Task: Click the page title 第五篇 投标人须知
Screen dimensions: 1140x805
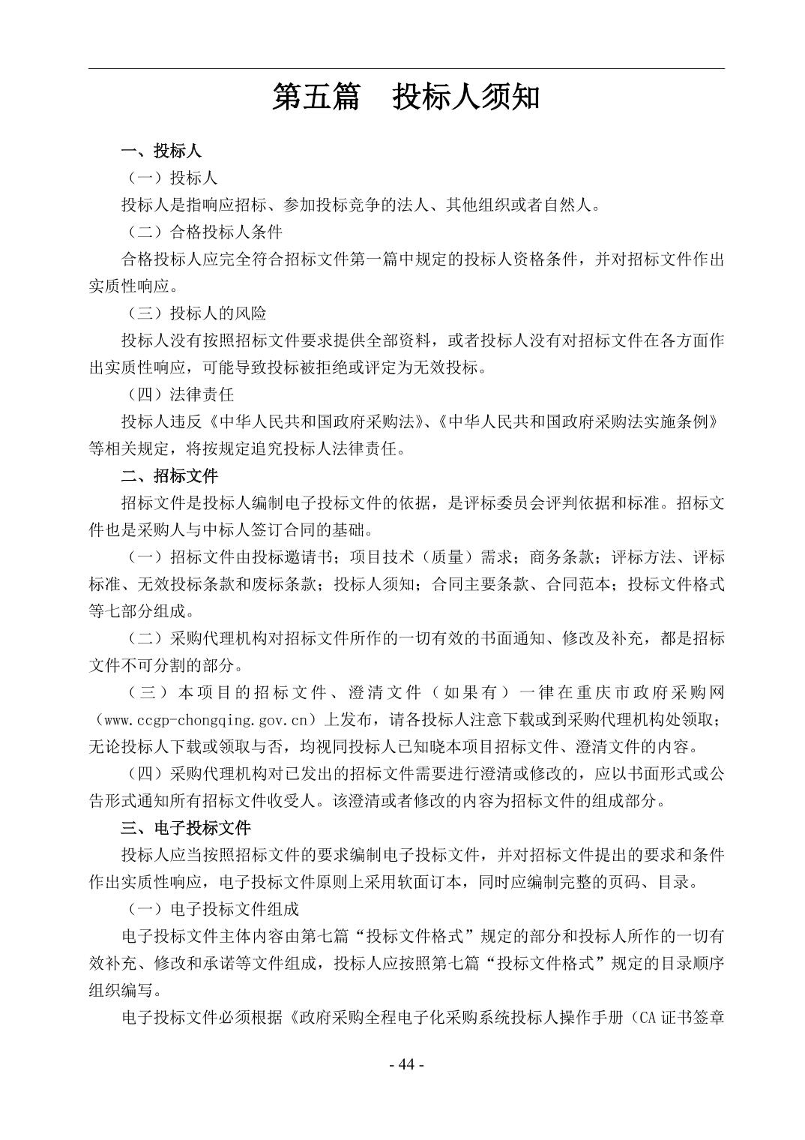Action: tap(405, 97)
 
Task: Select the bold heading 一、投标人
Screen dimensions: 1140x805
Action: tap(161, 151)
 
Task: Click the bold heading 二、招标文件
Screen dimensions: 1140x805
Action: tap(169, 475)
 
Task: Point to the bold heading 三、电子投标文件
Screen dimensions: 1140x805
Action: tap(186, 827)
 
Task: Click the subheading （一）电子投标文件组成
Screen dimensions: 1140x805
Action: tap(211, 909)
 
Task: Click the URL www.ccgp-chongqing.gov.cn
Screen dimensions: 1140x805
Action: tap(207, 720)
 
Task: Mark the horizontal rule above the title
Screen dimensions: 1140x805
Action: tap(405, 69)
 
